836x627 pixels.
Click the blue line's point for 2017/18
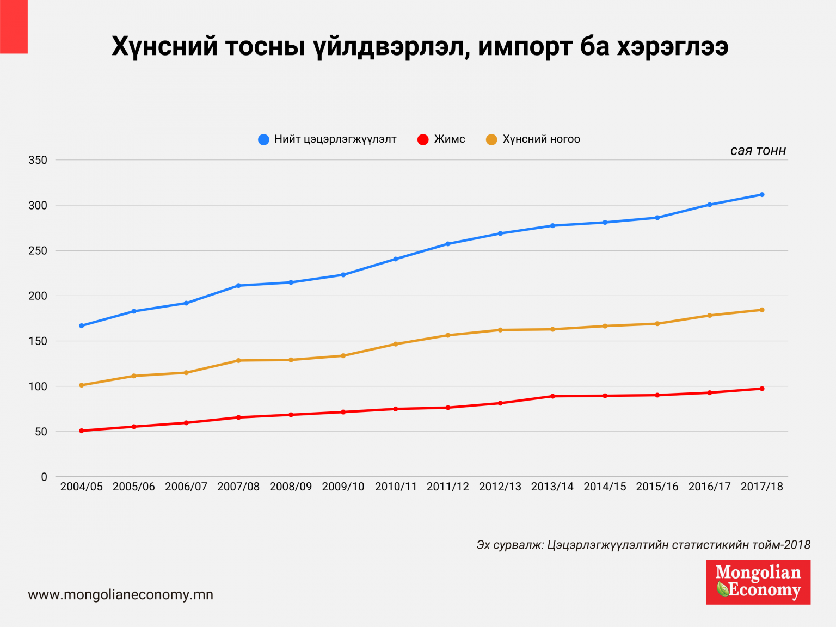[761, 194]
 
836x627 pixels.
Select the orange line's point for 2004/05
[82, 385]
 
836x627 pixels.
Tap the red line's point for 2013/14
[552, 396]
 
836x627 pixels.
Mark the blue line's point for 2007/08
[238, 286]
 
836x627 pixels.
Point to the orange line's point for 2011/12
[448, 335]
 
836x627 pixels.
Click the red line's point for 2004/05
[82, 431]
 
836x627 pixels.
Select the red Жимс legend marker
[423, 140]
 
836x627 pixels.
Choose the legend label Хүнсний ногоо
[541, 139]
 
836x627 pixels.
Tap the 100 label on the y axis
[41, 386]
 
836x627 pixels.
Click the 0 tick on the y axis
[44, 477]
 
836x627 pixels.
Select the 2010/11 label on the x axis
[396, 487]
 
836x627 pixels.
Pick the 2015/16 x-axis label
[657, 487]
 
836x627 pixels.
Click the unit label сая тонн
[758, 151]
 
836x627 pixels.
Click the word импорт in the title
[525, 47]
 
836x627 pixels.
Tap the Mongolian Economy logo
[758, 582]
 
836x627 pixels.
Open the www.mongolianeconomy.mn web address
[121, 595]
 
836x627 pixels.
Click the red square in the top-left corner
[14, 27]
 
